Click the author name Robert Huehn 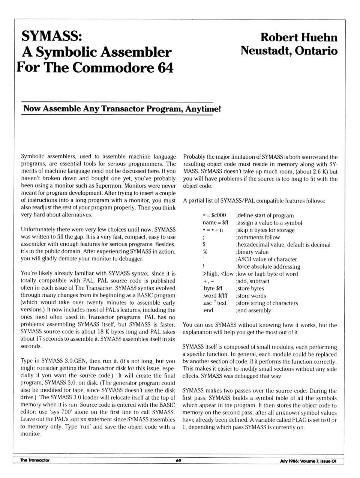point(298,37)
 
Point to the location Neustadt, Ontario point(289,51)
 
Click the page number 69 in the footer point(178,461)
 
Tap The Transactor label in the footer point(34,460)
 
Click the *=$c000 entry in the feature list point(214,215)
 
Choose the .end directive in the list point(208,310)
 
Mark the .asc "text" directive point(216,303)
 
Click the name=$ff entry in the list point(215,222)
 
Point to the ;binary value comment point(252,252)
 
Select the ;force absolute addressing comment point(268,266)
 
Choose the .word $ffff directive point(215,296)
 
